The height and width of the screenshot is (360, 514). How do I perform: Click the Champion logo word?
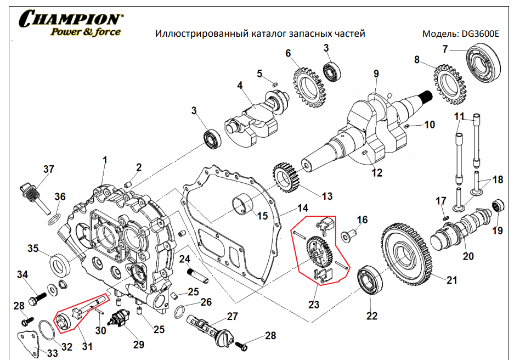70,19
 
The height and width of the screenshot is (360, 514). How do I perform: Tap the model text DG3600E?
481,33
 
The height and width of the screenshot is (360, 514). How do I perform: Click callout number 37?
49,169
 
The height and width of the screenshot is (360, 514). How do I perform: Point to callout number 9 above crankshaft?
376,74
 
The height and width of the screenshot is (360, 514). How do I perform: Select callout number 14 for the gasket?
303,208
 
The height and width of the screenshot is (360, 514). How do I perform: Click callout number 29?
138,345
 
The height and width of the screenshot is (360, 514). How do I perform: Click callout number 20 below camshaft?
468,256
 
